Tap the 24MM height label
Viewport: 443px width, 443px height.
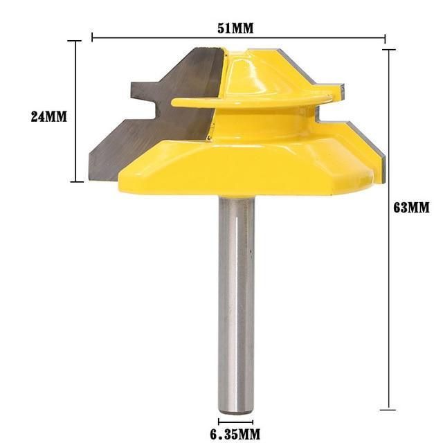coord(48,116)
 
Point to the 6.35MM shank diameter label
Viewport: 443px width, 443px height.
coord(236,434)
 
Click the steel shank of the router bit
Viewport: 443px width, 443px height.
coord(236,298)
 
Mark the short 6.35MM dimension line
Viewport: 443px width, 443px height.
coord(236,421)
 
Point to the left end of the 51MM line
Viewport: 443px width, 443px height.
coord(92,39)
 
